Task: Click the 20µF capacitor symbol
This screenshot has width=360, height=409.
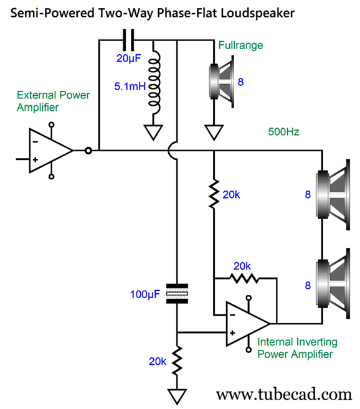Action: tap(128, 40)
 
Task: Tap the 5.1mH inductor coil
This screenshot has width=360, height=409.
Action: tap(154, 82)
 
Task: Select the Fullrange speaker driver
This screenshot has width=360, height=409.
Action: tap(222, 82)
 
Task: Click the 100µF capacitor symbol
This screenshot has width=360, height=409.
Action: tap(177, 294)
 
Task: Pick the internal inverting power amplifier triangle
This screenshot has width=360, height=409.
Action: tap(248, 324)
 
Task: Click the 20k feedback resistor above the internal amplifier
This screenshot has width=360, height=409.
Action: tap(244, 278)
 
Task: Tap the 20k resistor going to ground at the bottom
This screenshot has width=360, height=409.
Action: tap(177, 360)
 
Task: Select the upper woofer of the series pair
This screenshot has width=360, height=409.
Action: tap(333, 195)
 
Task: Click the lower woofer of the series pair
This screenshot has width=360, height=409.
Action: tap(333, 283)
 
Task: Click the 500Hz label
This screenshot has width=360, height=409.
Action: tap(283, 132)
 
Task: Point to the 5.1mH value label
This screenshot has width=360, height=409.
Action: tap(130, 87)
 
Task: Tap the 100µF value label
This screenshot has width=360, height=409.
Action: tap(145, 294)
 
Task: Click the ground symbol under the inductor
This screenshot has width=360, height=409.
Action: tap(153, 133)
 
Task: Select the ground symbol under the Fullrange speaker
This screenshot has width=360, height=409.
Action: tap(214, 133)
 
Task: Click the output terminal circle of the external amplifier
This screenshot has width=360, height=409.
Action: tap(88, 151)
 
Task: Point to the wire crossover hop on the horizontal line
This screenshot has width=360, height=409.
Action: tap(173, 151)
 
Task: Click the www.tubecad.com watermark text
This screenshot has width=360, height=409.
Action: tap(284, 394)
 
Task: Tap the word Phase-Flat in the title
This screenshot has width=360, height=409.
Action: tap(187, 13)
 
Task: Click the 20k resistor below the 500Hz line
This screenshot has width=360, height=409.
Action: tap(214, 194)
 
